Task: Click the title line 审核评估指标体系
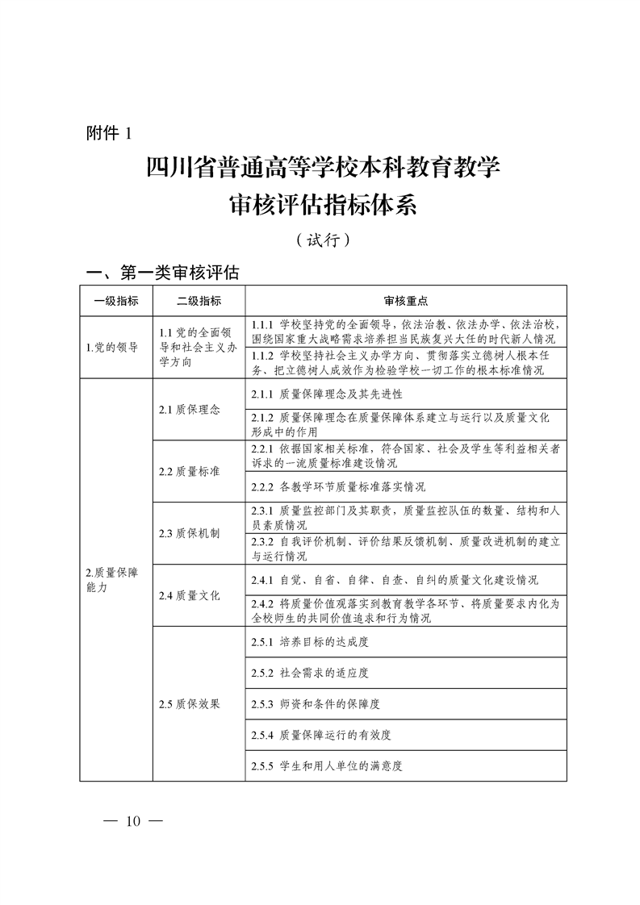point(322,206)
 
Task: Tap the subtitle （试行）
point(322,240)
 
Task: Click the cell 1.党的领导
point(112,348)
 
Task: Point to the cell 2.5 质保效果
point(190,703)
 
